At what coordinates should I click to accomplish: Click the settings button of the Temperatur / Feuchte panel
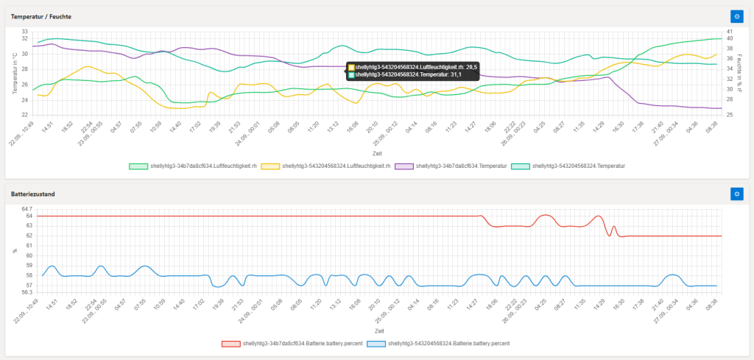pos(736,15)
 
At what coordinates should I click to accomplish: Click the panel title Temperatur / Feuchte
pos(41,15)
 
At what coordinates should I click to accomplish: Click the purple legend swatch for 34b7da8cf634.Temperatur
pos(404,166)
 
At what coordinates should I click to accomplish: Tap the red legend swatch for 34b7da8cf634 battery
pos(230,343)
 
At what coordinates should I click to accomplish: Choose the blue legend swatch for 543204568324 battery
pos(376,343)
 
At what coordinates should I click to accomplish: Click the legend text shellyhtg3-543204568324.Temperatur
pos(579,166)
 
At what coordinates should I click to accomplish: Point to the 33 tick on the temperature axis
pos(24,32)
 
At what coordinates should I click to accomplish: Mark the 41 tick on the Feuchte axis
pos(729,32)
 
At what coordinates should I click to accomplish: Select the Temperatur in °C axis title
pos(14,72)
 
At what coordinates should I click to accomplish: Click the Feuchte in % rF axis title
pos(739,72)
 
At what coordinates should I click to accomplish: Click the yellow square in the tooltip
pos(350,66)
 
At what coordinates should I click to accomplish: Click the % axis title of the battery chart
pos(14,251)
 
